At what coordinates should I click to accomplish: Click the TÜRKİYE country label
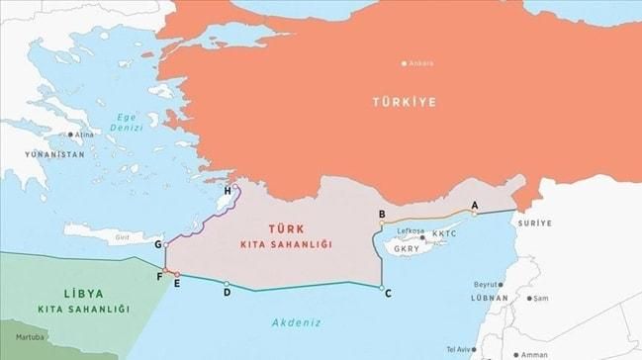tap(404, 101)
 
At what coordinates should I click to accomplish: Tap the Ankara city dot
tap(404, 63)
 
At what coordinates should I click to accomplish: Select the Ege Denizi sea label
tap(126, 122)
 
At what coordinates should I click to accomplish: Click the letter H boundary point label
tap(228, 190)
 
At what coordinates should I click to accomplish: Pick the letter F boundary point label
tap(159, 276)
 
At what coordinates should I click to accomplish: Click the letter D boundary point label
tap(227, 292)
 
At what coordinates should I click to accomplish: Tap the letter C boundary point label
tap(387, 293)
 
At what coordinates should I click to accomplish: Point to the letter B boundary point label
tap(382, 214)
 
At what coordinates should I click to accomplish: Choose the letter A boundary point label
tap(474, 205)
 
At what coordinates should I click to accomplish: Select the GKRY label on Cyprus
tap(407, 249)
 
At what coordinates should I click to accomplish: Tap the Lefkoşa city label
tap(410, 231)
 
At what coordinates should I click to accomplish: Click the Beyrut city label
tap(488, 284)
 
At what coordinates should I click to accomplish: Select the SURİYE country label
tap(534, 224)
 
